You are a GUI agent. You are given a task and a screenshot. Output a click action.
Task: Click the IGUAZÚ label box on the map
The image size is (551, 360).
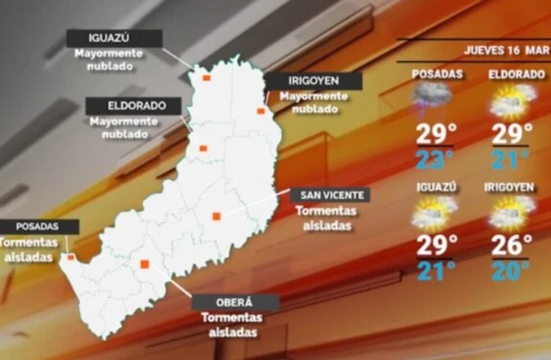[x=114, y=39]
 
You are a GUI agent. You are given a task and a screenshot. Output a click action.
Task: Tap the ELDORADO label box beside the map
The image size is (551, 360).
[x=133, y=106]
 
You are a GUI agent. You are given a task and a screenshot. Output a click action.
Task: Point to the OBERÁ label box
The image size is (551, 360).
[x=235, y=302]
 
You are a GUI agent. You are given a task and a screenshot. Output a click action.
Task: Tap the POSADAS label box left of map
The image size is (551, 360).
[x=38, y=227]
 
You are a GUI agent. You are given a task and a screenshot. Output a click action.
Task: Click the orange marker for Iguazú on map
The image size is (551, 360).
[x=206, y=78]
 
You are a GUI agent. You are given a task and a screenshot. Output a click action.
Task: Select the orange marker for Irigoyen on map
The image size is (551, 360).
[x=261, y=111]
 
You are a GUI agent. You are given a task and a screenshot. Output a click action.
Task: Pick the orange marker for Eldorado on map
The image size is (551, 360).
[x=203, y=148]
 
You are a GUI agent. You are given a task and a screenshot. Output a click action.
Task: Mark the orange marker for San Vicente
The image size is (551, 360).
[x=216, y=216]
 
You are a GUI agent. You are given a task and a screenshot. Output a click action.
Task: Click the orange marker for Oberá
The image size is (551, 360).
[x=144, y=264]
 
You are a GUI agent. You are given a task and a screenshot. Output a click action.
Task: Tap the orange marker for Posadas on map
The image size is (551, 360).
[x=71, y=257]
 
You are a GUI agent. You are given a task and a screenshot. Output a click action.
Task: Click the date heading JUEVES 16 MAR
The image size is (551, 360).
[x=506, y=50]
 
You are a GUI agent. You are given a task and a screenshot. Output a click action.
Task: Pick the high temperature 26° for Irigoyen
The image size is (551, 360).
[x=512, y=245]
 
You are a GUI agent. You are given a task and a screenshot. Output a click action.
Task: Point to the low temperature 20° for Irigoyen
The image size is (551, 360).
[x=511, y=271]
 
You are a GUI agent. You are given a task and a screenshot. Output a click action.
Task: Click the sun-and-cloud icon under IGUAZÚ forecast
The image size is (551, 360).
[x=433, y=214]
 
